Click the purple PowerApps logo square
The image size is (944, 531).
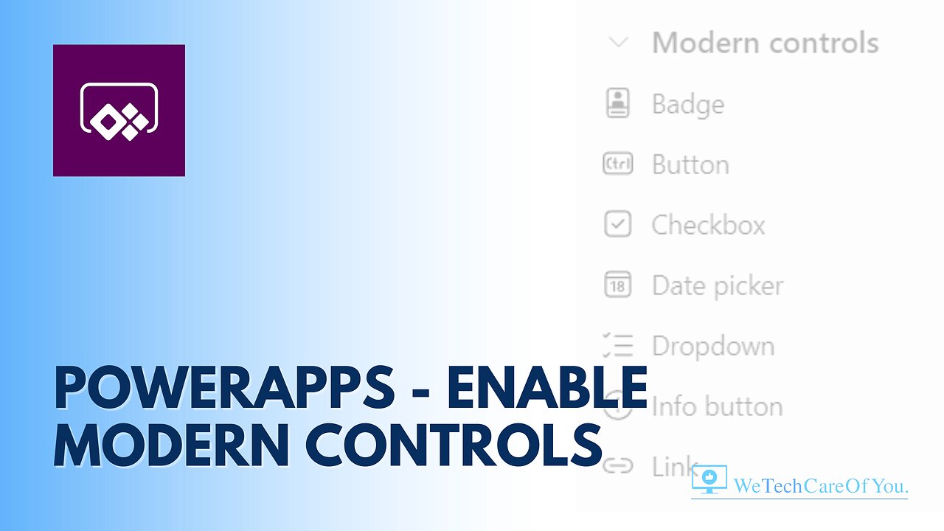(x=119, y=111)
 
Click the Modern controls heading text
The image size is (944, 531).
(x=765, y=43)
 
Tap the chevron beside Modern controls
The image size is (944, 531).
(x=618, y=43)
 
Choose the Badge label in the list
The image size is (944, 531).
(x=687, y=104)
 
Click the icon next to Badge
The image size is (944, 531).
(x=618, y=104)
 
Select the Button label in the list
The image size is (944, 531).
(x=690, y=164)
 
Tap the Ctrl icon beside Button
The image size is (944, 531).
(x=618, y=164)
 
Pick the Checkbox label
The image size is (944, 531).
(x=708, y=225)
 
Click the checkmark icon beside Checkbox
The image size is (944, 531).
(x=618, y=225)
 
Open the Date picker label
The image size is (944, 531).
(x=718, y=285)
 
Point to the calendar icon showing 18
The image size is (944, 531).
(x=618, y=285)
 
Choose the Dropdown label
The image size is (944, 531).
(x=713, y=346)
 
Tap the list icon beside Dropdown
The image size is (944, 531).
(x=618, y=346)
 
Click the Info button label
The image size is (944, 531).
(x=717, y=406)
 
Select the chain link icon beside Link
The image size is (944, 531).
(x=618, y=466)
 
